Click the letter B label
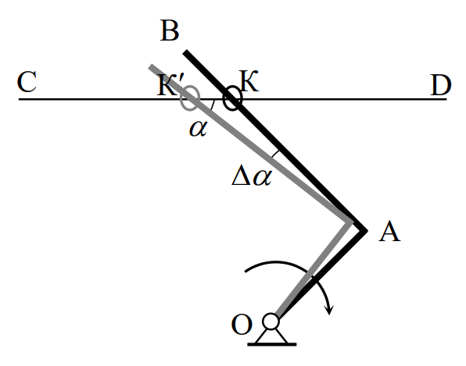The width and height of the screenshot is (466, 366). point(170,30)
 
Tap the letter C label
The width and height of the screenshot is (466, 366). point(27,82)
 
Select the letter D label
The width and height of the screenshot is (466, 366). point(441,85)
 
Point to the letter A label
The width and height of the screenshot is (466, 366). point(389,232)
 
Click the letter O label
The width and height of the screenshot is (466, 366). point(242,325)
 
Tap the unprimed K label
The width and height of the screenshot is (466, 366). point(249,80)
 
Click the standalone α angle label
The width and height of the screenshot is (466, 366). point(199,128)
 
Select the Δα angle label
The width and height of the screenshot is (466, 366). point(252,177)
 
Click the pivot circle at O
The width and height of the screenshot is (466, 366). point(271,322)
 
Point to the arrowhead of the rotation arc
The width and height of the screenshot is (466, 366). point(329,309)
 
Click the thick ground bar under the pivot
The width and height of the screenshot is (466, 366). point(272,344)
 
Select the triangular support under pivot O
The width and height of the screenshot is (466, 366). point(271,336)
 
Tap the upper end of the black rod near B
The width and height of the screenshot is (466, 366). point(185,52)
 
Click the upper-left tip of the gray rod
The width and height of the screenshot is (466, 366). point(151,66)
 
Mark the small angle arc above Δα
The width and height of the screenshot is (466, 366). point(275,154)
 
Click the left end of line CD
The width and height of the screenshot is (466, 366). point(19,99)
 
